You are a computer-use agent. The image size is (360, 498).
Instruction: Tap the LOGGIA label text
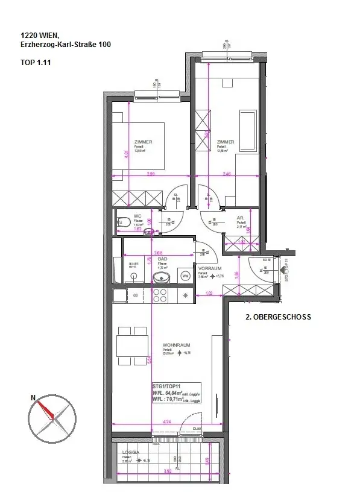[131, 452]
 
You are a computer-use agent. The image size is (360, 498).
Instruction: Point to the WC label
[137, 215]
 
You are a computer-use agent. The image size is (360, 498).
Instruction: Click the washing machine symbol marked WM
[185, 276]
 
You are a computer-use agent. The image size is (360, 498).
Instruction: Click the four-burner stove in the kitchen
[160, 295]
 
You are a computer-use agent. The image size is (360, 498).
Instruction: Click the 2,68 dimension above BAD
[158, 253]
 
